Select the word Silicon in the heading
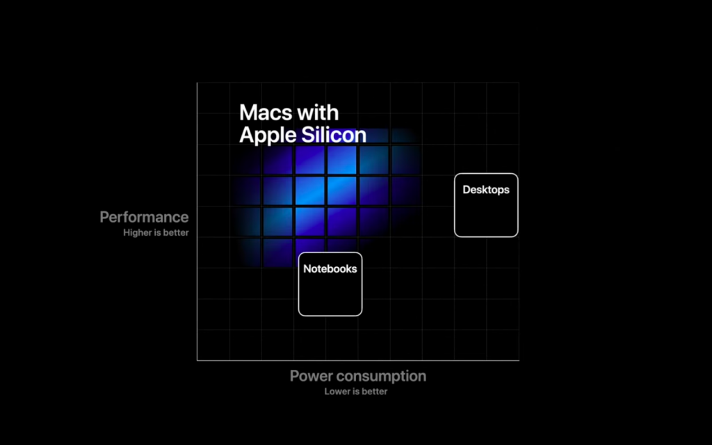coord(334,135)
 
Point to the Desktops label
coord(486,190)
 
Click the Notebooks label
coord(330,269)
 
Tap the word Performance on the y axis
coord(144,217)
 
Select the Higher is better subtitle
coord(156,232)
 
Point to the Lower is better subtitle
coord(356,391)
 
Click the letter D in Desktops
coord(467,190)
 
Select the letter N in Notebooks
coord(307,269)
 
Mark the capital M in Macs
coord(248,113)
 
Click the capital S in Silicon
coord(308,135)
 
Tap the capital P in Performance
coord(104,217)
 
